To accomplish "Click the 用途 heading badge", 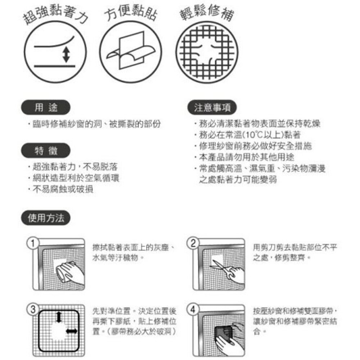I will [45, 107].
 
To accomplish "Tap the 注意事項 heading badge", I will [212, 107].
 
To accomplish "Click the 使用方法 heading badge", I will [46, 218].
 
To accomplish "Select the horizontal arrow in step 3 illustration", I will [71, 331].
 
